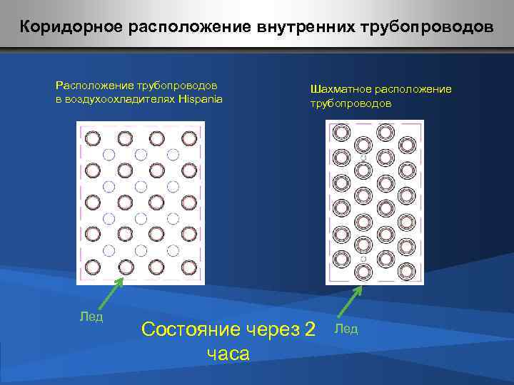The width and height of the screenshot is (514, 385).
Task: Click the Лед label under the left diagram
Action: click(x=91, y=317)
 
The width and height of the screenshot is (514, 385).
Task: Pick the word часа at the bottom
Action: click(x=228, y=353)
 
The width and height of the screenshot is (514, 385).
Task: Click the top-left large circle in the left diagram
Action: click(x=93, y=138)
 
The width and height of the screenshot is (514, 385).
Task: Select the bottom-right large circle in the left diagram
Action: click(x=189, y=267)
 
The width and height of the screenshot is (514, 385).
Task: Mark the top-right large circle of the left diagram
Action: click(x=189, y=138)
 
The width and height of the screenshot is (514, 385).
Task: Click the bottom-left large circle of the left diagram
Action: click(x=93, y=267)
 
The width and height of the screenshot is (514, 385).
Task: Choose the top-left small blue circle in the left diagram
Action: click(x=109, y=154)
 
